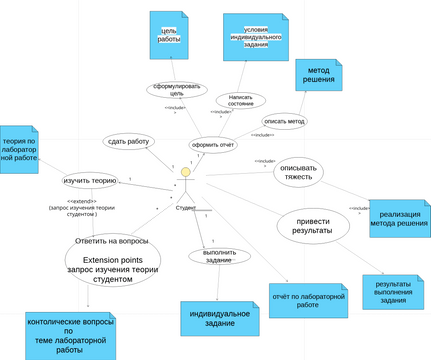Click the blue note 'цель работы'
(x=168, y=38)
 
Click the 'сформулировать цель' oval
(x=175, y=90)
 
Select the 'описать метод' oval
(x=284, y=121)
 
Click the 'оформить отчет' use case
(x=213, y=144)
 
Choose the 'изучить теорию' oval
(x=91, y=181)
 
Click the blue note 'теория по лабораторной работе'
(x=19, y=150)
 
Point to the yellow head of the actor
(x=185, y=173)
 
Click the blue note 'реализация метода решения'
(x=399, y=217)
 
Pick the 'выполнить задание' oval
(x=218, y=256)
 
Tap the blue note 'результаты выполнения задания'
(x=392, y=291)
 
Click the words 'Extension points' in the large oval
(x=112, y=259)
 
